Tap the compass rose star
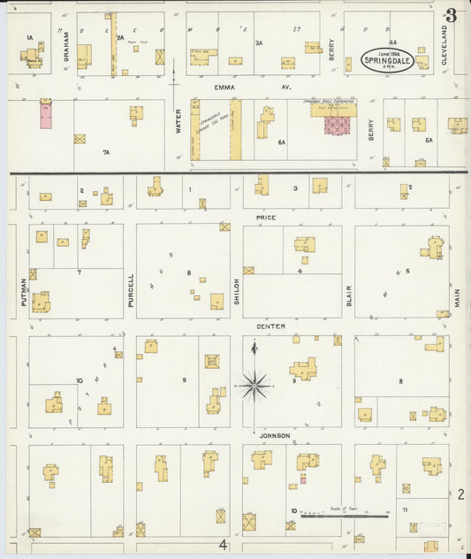pyautogui.click(x=254, y=385)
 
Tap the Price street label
pyautogui.click(x=266, y=217)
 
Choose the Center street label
pyautogui.click(x=271, y=326)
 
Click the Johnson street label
pyautogui.click(x=274, y=436)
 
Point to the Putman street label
pyautogui.click(x=24, y=291)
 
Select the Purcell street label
pyautogui.click(x=131, y=289)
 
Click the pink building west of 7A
pyautogui.click(x=46, y=116)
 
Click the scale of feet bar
pyautogui.click(x=345, y=515)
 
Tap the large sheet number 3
pyautogui.click(x=452, y=16)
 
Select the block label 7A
pyautogui.click(x=106, y=152)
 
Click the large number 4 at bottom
pyautogui.click(x=224, y=545)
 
